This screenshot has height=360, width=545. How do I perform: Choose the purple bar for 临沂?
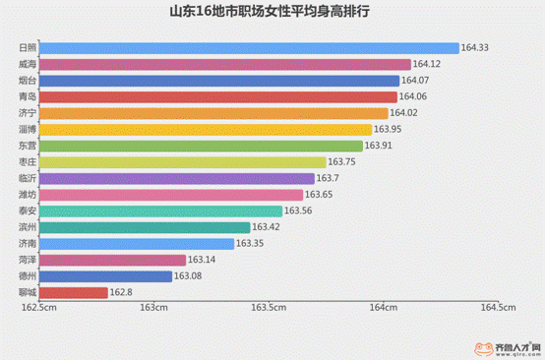point(180,179)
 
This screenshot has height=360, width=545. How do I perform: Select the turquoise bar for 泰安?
point(164,211)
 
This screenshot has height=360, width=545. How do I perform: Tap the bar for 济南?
point(140,244)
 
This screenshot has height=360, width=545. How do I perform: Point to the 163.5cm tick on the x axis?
point(268,308)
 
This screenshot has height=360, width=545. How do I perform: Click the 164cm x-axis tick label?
point(383,308)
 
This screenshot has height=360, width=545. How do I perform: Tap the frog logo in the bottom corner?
point(483,347)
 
